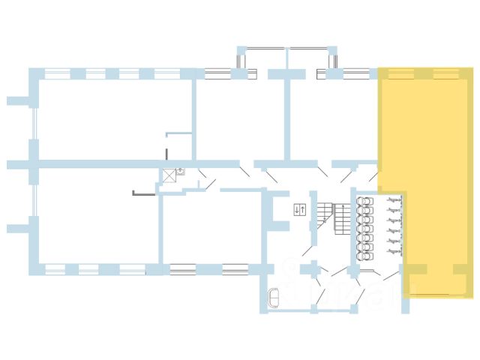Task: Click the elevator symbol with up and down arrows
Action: click(299, 209)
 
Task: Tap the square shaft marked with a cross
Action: click(169, 176)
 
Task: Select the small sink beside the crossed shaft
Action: click(181, 172)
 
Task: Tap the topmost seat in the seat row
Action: click(365, 201)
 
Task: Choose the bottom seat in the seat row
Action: click(365, 253)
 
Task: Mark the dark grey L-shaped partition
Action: click(142, 193)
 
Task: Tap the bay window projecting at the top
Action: click(286, 58)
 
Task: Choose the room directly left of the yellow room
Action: click(330, 116)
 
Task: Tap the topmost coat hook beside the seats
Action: click(391, 201)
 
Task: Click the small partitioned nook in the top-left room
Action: click(178, 146)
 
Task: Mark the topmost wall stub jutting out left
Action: click(16, 99)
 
